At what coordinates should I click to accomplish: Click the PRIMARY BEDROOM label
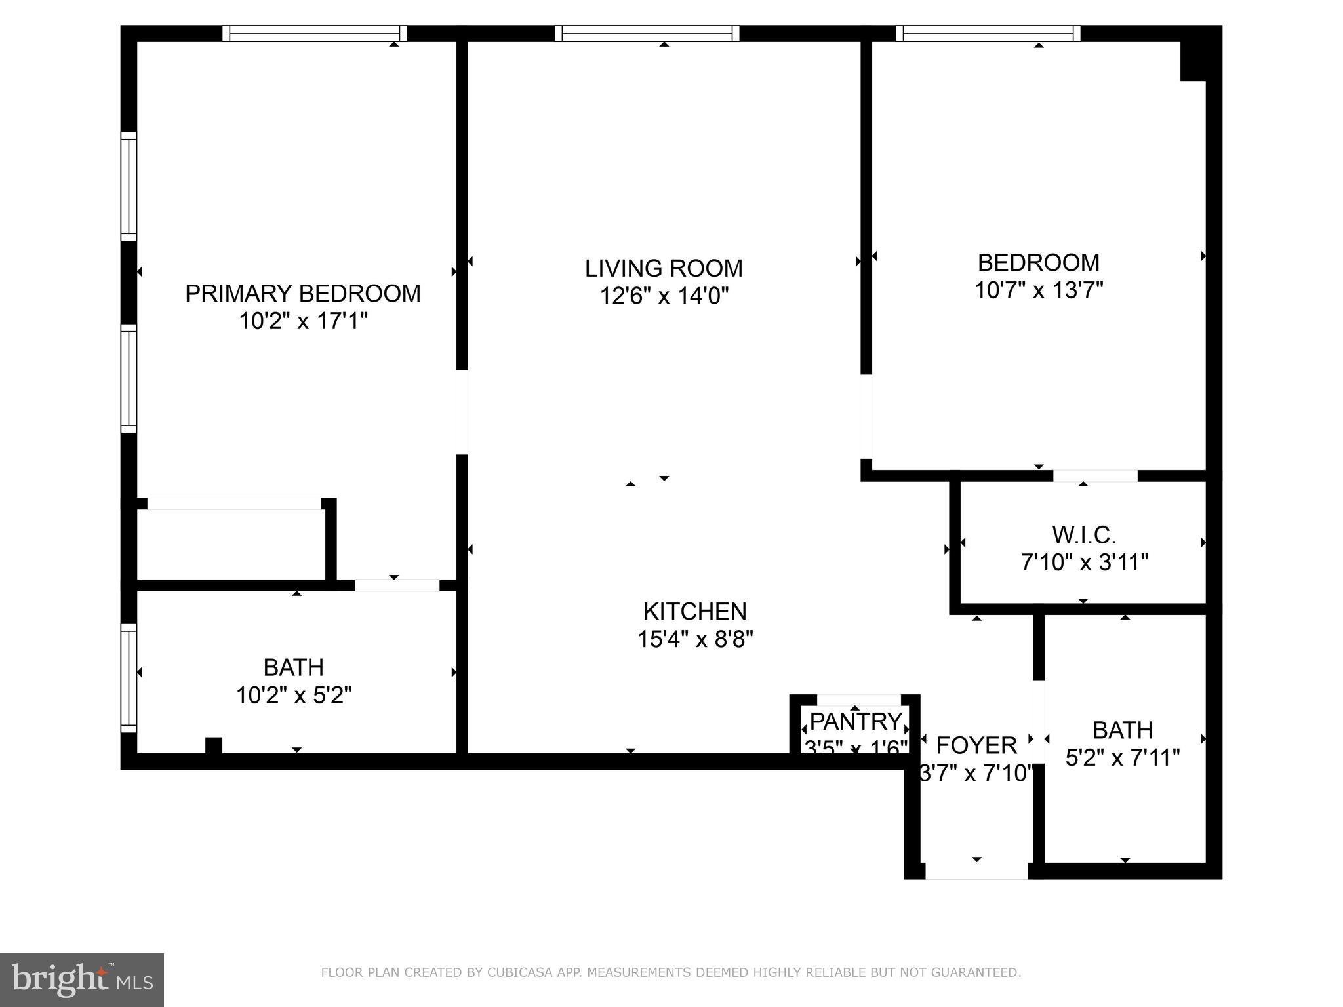tap(302, 293)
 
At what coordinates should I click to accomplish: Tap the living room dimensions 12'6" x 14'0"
tap(664, 296)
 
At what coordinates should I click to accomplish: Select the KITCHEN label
tap(694, 611)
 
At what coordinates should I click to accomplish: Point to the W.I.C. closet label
tap(1083, 535)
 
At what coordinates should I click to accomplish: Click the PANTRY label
tap(855, 721)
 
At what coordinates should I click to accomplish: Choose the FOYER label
tap(976, 745)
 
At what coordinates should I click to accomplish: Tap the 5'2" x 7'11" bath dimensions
tap(1122, 758)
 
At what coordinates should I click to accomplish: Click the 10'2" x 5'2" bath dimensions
tap(293, 695)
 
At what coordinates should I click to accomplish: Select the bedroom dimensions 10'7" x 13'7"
tap(1038, 290)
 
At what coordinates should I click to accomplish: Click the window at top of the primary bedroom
tap(314, 33)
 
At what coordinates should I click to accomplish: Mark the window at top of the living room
tap(647, 33)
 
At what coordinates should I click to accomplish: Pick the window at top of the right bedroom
tap(988, 33)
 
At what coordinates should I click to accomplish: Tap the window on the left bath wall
tap(129, 678)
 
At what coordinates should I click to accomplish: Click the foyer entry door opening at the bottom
tap(976, 871)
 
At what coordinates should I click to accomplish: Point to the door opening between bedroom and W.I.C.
tap(1094, 476)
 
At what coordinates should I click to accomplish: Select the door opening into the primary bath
tap(397, 585)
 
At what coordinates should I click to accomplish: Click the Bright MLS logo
tap(82, 979)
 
